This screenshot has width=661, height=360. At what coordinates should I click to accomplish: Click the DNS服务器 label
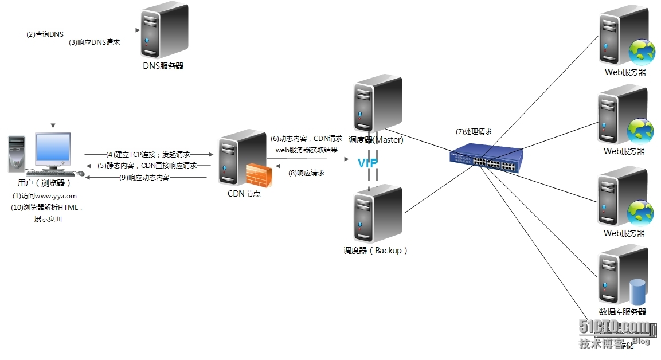pos(163,66)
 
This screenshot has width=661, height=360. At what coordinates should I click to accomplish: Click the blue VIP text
pos(367,163)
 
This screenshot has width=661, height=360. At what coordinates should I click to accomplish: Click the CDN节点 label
pos(244,194)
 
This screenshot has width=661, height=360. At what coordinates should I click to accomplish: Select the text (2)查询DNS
pos(45,34)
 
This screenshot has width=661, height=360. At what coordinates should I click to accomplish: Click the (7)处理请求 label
pos(474,132)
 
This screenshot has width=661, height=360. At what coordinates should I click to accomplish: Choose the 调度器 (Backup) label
pos(376,251)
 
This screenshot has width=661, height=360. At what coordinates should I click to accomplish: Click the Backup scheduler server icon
pos(378,213)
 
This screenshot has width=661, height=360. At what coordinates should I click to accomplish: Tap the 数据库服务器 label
pos(622,312)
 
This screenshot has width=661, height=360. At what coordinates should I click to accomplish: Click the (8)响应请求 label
pos(307,173)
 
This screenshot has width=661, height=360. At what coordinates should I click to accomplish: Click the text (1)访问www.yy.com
pos(45,196)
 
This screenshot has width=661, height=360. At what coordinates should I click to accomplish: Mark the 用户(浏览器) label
pos(45,183)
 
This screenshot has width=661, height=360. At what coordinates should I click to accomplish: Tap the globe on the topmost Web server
pos(642,51)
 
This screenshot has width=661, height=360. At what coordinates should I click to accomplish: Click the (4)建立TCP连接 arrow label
pos(148,154)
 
